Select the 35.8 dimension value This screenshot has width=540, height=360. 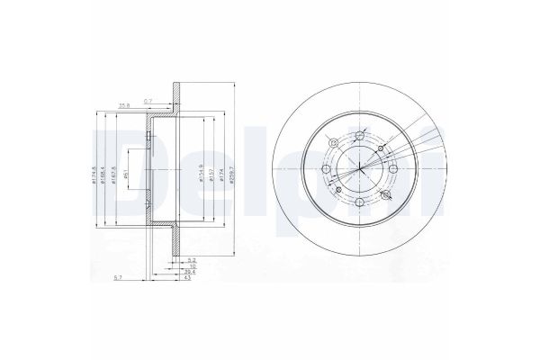[x=125, y=104]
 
